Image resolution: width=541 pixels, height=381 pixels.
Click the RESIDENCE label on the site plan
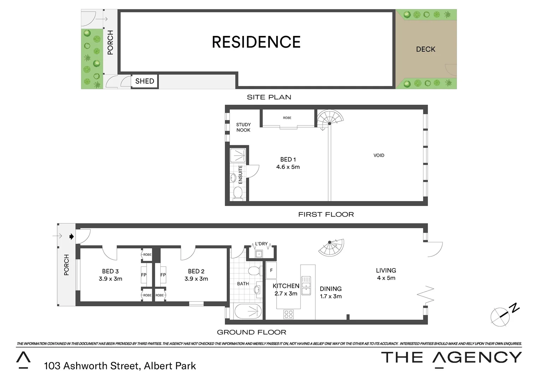click(x=256, y=42)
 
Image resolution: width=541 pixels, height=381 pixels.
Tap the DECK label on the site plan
click(x=426, y=49)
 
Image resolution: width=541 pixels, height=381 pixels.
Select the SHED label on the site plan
click(x=144, y=81)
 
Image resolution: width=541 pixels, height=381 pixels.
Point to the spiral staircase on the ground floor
click(x=331, y=247)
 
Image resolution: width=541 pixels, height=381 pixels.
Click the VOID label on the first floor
click(x=379, y=155)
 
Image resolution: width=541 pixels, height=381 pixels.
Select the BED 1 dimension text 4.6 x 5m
click(x=288, y=167)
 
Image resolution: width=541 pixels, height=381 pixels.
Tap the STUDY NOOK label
click(x=243, y=127)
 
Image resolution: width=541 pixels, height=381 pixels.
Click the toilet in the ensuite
click(x=238, y=193)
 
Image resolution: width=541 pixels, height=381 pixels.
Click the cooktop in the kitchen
click(x=289, y=314)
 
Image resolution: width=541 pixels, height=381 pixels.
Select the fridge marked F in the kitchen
click(x=271, y=271)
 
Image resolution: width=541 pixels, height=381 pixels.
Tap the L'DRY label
click(x=261, y=244)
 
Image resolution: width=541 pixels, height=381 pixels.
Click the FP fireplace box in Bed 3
click(x=144, y=275)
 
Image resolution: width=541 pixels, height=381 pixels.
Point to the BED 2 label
click(x=196, y=271)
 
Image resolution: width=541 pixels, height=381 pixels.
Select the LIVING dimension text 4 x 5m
click(x=386, y=278)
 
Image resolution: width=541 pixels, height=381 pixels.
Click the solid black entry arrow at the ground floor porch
click(x=72, y=236)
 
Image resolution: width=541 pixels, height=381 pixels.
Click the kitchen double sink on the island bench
click(x=306, y=285)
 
